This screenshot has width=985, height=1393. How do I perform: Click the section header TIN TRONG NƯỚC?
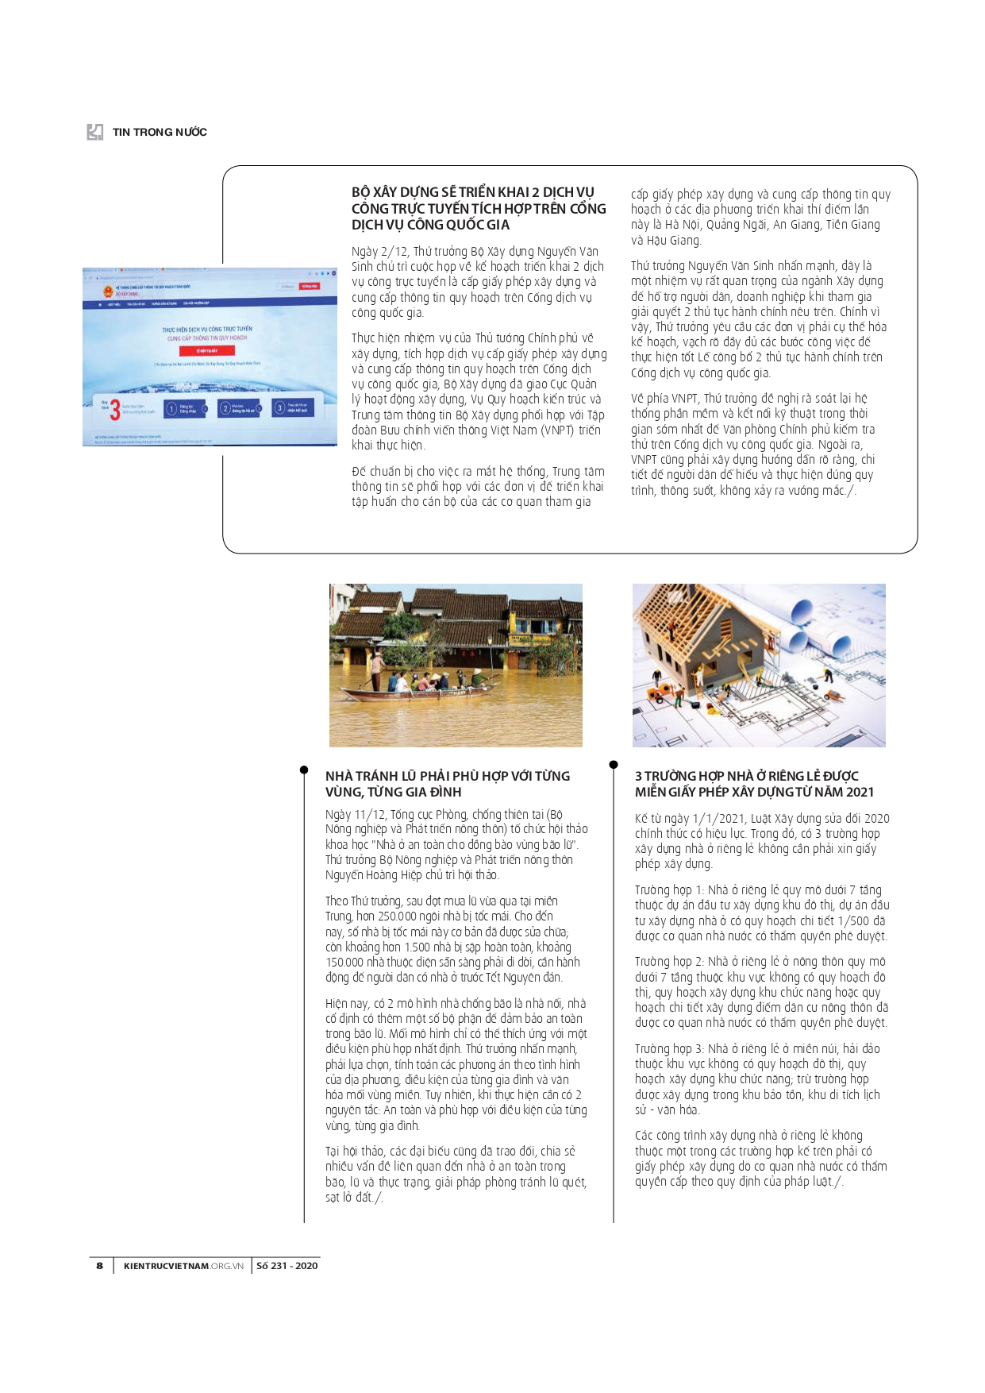pos(160,133)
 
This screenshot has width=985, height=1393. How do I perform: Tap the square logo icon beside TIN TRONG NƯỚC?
pos(95,132)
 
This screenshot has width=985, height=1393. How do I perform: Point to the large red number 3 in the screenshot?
pos(115,409)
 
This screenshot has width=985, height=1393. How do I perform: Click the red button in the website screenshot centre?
pos(206,350)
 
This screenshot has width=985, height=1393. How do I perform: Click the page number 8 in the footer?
pos(99,1266)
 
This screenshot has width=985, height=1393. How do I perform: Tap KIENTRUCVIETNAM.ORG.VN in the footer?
pos(183,1266)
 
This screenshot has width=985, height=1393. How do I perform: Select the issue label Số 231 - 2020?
pos(287,1266)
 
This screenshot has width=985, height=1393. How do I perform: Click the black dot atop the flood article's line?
pos(304,770)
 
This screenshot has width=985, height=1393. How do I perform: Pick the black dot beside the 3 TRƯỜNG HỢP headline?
pos(614,765)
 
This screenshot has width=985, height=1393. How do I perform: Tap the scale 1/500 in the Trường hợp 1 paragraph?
pos(853,921)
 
